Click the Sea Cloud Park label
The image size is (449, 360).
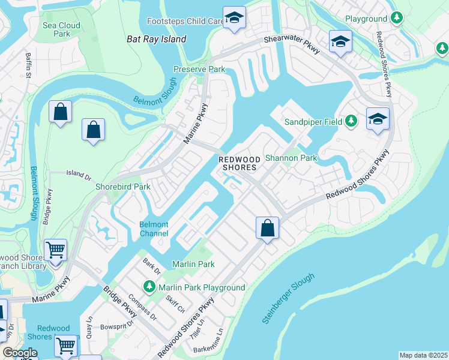click(x=61, y=30)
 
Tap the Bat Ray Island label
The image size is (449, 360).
click(x=157, y=39)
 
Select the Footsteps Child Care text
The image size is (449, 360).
click(x=185, y=21)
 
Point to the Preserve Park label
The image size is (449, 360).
click(x=199, y=70)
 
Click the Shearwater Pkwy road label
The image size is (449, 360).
click(x=291, y=43)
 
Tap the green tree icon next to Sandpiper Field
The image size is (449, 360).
click(x=352, y=122)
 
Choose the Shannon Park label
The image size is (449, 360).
click(x=291, y=158)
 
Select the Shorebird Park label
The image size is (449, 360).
click(x=123, y=187)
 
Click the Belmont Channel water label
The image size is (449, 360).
click(x=154, y=229)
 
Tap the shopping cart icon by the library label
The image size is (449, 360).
click(x=55, y=250)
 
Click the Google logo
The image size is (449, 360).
click(x=20, y=353)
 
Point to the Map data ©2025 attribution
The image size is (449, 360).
click(x=423, y=355)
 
